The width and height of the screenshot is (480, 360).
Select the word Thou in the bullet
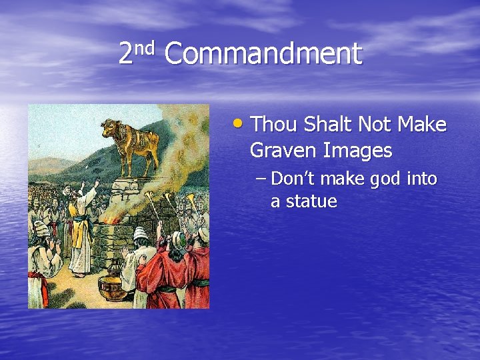pyautogui.click(x=275, y=125)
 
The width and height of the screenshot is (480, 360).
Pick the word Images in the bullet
pyautogui.click(x=358, y=151)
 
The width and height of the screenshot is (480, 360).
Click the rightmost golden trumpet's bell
pyautogui.click(x=190, y=198)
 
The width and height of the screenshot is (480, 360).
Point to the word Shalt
pyautogui.click(x=328, y=125)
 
